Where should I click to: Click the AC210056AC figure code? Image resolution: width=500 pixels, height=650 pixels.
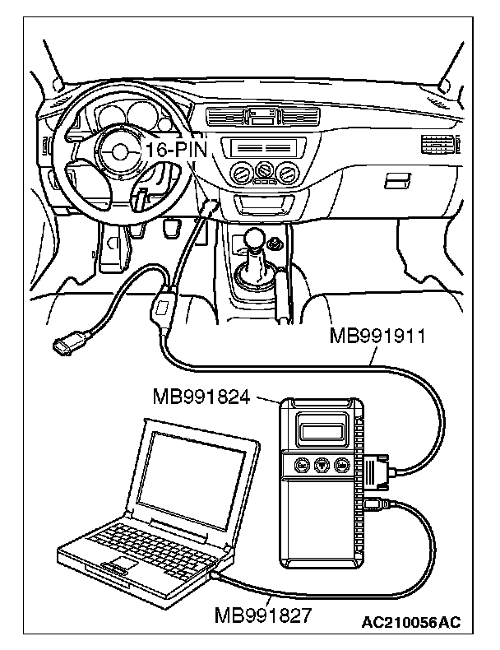pyautogui.click(x=411, y=624)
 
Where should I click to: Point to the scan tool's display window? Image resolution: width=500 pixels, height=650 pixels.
pyautogui.click(x=321, y=431)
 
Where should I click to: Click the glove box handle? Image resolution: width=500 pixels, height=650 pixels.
pyautogui.click(x=397, y=180)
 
